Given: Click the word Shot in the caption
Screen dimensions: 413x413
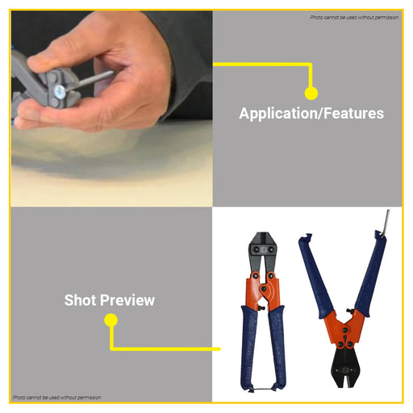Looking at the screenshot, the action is tap(80, 300).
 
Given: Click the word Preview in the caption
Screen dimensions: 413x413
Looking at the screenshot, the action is tap(127, 300).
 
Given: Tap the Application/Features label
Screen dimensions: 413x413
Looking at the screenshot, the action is tap(311, 114).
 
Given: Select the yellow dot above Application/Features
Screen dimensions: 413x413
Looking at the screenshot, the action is tap(311, 94).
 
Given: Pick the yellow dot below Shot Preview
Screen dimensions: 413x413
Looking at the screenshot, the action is tap(111, 320).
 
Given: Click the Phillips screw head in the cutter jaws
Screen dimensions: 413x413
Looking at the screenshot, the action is tap(60, 91).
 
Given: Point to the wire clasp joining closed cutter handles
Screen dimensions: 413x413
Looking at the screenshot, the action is tap(264, 389).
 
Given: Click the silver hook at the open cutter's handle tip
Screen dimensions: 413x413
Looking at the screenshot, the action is tap(386, 223).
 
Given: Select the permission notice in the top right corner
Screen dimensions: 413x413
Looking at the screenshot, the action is tap(354, 18).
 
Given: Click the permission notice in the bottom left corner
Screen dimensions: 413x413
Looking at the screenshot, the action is tap(57, 397).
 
